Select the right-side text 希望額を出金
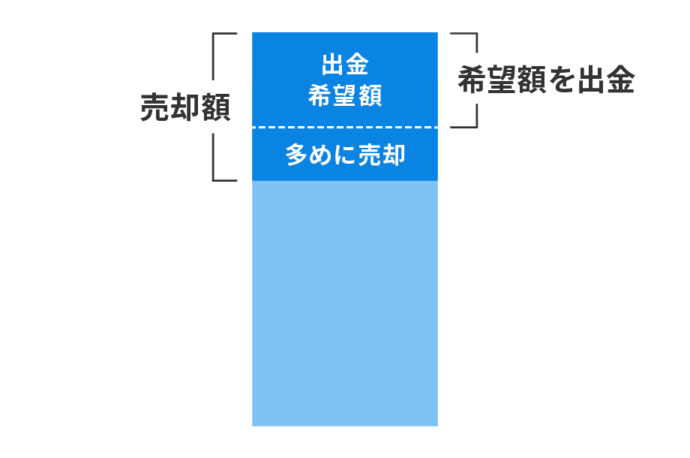pos(546,80)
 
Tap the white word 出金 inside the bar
pos(345,65)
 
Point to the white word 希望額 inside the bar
pos(345,95)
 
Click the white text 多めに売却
pos(345,155)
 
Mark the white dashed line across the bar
pos(345,128)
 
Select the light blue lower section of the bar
pos(345,304)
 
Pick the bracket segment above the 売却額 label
pos(214,56)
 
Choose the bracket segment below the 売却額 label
pos(214,158)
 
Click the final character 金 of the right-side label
pos(619,80)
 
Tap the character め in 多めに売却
pos(321,155)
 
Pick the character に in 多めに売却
pos(345,155)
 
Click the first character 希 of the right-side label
pos(472,80)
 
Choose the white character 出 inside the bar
pos(333,65)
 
